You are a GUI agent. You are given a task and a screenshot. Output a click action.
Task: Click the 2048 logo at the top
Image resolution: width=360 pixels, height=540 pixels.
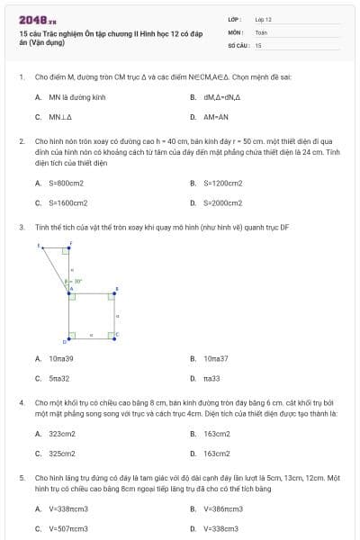(x=37, y=20)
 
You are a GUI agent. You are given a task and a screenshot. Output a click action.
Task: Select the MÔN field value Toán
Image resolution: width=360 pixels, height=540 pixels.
(x=261, y=31)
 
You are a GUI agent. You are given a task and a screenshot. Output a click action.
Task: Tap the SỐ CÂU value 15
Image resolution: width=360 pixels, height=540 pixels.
(x=258, y=44)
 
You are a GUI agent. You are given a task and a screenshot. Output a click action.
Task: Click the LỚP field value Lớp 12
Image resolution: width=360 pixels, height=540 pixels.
(x=263, y=18)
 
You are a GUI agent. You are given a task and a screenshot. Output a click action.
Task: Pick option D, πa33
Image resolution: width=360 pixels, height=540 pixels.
(x=211, y=379)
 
